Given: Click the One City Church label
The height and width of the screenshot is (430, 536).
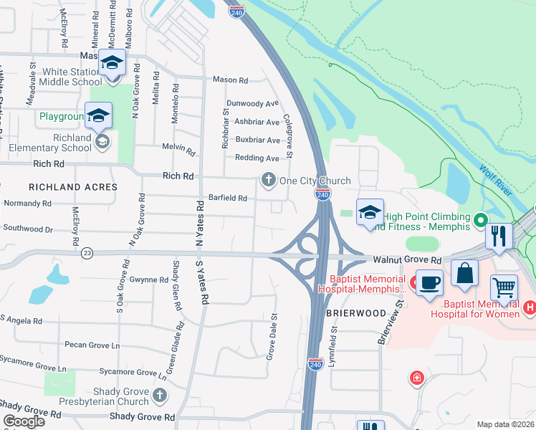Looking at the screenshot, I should [315, 181].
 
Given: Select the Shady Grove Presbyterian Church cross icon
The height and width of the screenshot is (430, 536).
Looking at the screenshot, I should [160, 394].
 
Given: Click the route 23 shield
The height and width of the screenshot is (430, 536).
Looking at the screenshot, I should [87, 253].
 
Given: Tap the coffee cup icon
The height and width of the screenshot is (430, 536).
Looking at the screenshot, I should [429, 281].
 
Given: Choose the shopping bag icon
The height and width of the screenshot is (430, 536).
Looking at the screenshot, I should [464, 273].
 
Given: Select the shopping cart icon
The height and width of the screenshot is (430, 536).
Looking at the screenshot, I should [504, 288].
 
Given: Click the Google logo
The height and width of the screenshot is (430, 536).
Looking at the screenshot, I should [24, 421].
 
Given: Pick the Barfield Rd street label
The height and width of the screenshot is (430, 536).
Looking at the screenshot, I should [227, 198].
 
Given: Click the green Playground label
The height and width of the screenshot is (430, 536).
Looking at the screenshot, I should [62, 116].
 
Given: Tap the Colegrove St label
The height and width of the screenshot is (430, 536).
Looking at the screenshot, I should [288, 136].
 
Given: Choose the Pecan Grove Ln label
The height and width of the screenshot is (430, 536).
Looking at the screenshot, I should [92, 345].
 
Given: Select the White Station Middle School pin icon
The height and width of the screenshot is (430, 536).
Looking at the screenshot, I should [112, 63].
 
